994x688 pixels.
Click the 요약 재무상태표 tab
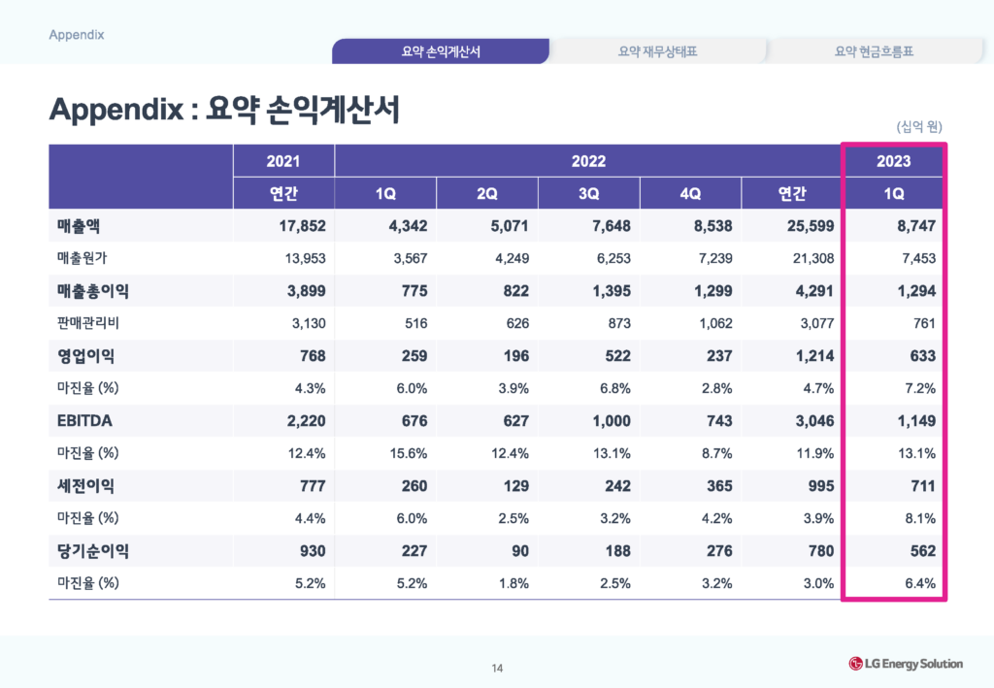coord(658,51)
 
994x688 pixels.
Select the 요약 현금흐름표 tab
coord(874,51)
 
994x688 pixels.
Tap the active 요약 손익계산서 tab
coord(441,51)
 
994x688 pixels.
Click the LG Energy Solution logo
coord(906,664)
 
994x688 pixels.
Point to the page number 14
coord(497,668)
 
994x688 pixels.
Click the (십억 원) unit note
coord(919,126)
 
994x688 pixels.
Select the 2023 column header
coord(893,161)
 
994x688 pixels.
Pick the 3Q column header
coord(588,193)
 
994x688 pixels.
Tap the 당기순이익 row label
coord(93,551)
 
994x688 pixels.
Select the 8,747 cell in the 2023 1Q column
coord(913,226)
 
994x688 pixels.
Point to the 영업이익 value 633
coord(921,356)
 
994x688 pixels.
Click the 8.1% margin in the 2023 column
coord(918,518)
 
